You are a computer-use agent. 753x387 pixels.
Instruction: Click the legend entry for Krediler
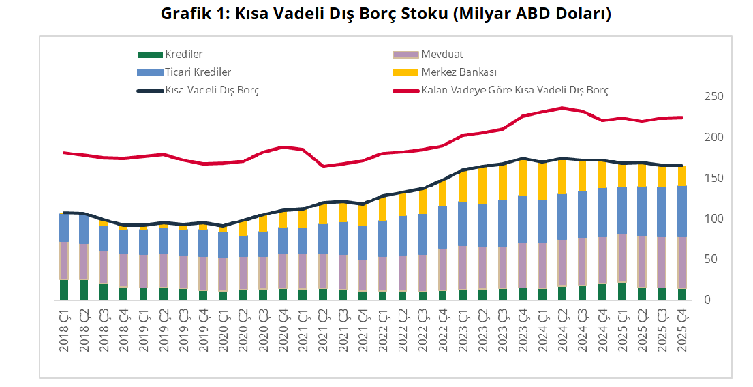(x=183, y=54)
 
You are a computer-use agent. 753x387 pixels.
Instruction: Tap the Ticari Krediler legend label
(x=198, y=72)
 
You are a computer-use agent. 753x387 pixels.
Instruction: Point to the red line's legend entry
(x=514, y=89)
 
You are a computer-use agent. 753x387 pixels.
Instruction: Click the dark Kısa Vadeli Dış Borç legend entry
(x=212, y=89)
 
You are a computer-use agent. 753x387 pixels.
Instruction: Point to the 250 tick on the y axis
(x=713, y=97)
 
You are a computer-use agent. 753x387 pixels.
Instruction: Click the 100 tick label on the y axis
(x=713, y=219)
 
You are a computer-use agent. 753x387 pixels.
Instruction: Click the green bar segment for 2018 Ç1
(x=64, y=290)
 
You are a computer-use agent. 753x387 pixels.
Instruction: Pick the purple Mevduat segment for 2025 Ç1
(x=621, y=258)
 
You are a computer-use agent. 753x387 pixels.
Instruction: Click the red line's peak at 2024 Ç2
(x=562, y=108)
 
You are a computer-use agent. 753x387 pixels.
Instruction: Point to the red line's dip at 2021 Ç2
(x=323, y=166)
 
